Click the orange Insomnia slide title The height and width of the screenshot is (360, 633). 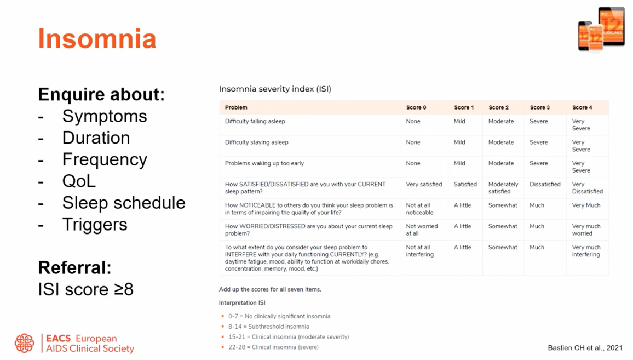click(x=97, y=39)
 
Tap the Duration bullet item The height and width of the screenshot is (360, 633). click(x=96, y=138)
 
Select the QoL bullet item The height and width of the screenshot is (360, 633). click(x=79, y=181)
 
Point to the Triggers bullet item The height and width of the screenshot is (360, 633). click(x=95, y=225)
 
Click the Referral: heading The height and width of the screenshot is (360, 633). click(x=74, y=267)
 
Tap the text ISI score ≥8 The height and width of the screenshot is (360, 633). click(x=85, y=289)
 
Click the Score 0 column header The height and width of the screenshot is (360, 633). click(x=416, y=107)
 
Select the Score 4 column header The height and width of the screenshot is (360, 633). click(x=582, y=107)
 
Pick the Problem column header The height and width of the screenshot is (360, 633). click(x=236, y=107)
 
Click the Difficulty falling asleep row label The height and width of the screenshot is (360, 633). click(x=255, y=121)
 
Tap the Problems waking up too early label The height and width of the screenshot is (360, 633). click(x=264, y=163)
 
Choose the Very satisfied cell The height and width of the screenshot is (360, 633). click(x=424, y=184)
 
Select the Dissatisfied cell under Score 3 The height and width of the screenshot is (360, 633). click(x=545, y=184)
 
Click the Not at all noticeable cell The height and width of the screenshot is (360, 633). click(x=419, y=209)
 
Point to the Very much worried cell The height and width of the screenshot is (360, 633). click(x=586, y=230)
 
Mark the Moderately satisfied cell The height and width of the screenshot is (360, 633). click(x=503, y=188)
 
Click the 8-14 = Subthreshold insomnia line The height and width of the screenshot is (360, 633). click(x=268, y=327)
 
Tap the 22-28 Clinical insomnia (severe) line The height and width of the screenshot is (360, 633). click(x=273, y=347)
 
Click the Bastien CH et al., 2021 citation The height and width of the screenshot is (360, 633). click(x=585, y=348)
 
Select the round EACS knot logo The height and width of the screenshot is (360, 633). click(x=25, y=343)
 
